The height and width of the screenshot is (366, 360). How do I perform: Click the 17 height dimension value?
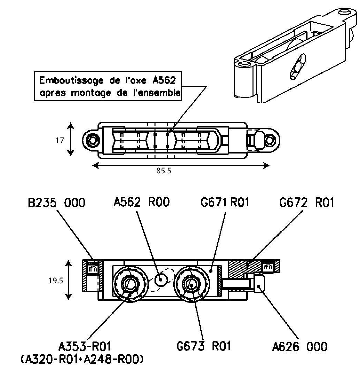[x=61, y=140]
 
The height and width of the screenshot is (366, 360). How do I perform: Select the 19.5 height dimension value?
[x=55, y=280]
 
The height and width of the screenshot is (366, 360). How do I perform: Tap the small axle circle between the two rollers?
[x=161, y=280]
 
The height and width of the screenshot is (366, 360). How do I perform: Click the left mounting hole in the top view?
[x=91, y=139]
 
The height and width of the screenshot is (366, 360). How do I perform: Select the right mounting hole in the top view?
[x=269, y=140]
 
